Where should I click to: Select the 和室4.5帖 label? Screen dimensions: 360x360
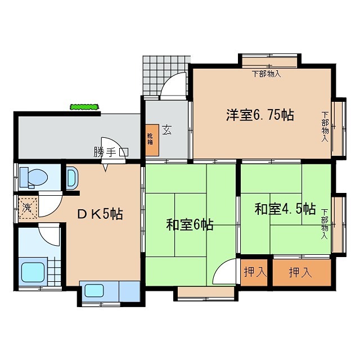tap(285, 209)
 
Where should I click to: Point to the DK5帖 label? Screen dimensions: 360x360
tap(100, 214)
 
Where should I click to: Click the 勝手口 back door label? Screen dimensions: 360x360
tap(111, 152)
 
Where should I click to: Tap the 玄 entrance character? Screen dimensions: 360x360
tap(168, 129)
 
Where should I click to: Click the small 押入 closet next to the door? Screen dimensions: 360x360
tap(255, 272)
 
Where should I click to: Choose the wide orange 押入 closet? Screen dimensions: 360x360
tap(300, 273)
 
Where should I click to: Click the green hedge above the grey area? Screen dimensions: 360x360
tap(85, 106)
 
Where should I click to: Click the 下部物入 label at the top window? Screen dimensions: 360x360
tap(266, 74)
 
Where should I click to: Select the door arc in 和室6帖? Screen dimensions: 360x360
tap(227, 273)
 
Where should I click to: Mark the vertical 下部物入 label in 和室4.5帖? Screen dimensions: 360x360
tap(325, 224)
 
